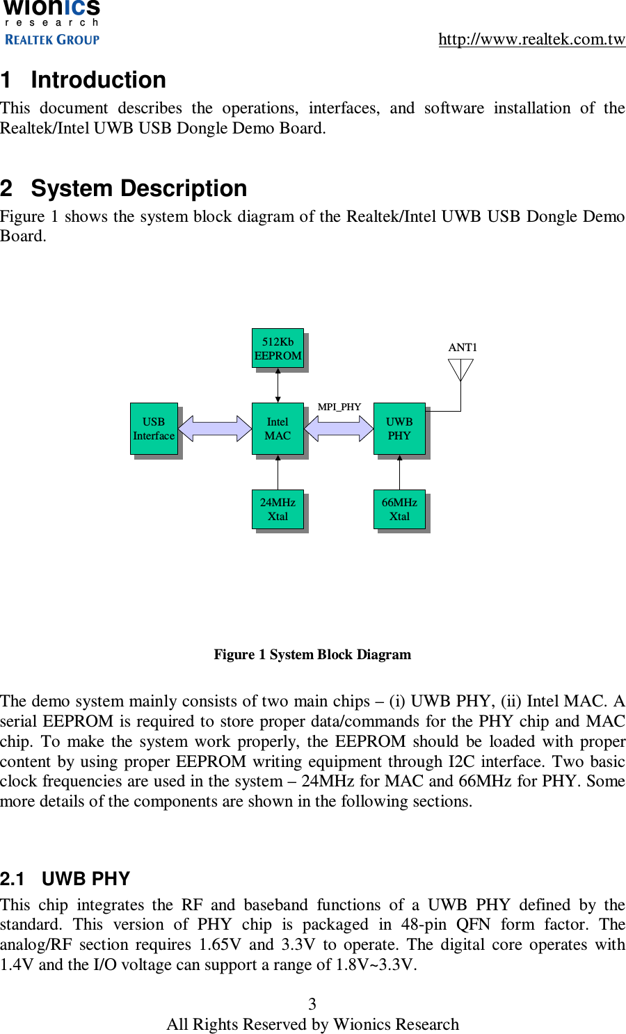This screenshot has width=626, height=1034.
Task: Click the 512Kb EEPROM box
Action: point(278,348)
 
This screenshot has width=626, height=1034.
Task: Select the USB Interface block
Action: point(154,428)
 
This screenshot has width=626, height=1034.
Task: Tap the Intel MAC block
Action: point(278,428)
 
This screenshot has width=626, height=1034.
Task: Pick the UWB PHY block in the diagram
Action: point(399,428)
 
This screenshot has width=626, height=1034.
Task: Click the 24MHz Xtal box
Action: point(278,509)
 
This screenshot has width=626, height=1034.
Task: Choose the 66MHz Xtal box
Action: point(399,509)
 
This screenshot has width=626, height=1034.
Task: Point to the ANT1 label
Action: point(463,347)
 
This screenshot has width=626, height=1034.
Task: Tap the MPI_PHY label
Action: point(339,407)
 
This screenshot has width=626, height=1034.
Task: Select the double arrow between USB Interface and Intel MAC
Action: point(215,428)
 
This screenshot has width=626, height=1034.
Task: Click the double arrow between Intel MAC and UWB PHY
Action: point(339,428)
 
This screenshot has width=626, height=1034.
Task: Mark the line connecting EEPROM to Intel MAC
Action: point(278,385)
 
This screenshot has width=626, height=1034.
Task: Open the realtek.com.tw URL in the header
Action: point(531,39)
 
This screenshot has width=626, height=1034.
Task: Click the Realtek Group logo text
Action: point(52,40)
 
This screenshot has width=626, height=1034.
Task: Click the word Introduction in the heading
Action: point(98,80)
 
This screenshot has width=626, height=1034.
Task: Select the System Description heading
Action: point(138,188)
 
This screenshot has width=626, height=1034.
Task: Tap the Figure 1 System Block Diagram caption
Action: point(312,654)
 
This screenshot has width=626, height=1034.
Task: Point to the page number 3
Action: point(312,1003)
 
